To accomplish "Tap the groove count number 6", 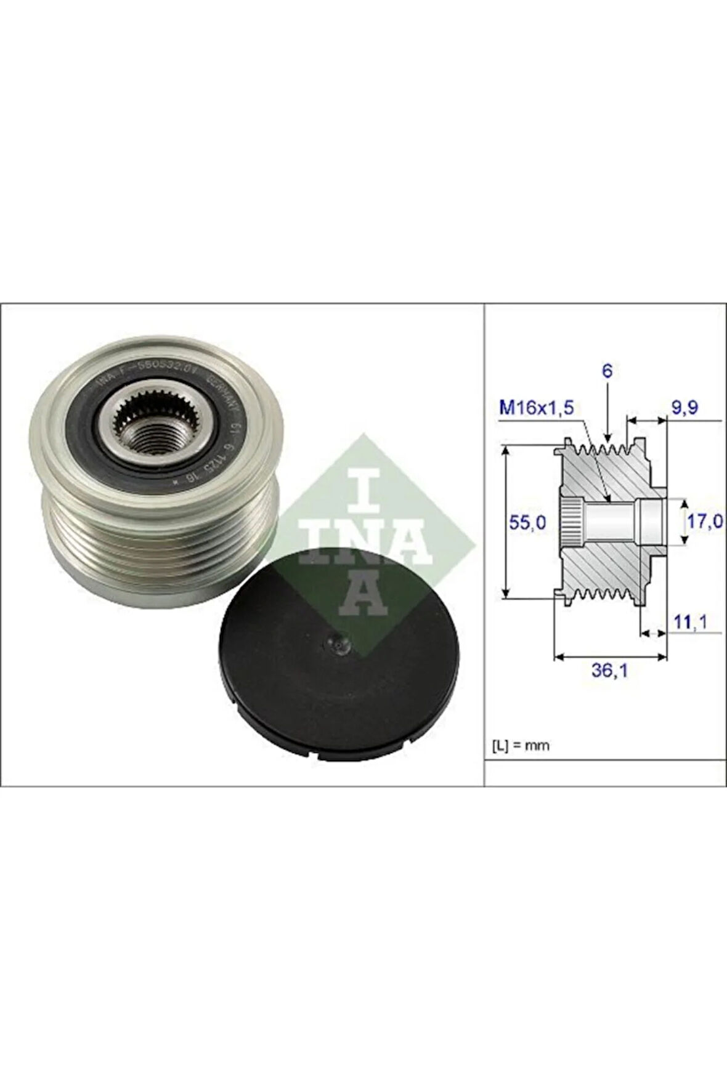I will pyautogui.click(x=607, y=371).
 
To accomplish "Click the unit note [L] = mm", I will pyautogui.click(x=521, y=745).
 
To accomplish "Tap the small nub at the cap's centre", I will pyautogui.click(x=338, y=643).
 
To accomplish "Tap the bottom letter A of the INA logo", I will pyautogui.click(x=363, y=592).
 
